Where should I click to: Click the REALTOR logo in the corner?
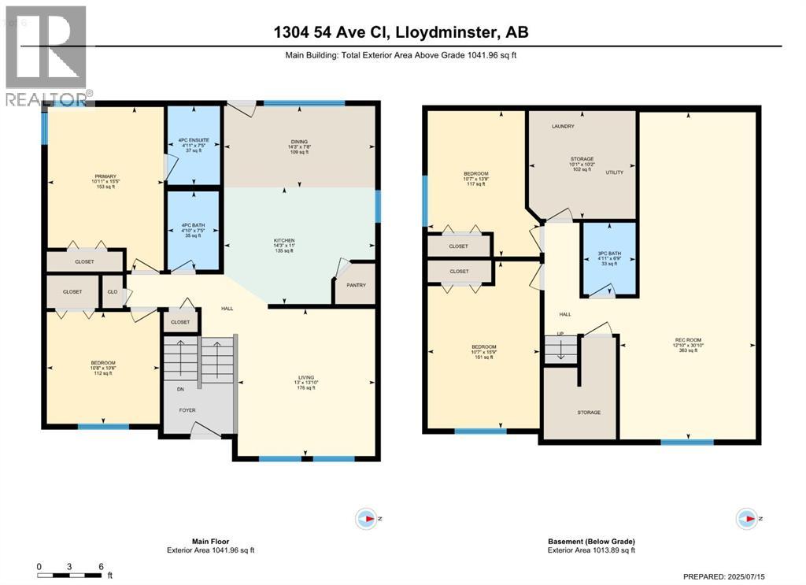click(46, 55)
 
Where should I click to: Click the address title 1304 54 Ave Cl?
click(402, 32)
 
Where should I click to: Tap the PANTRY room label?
click(355, 286)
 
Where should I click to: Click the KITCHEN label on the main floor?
click(284, 239)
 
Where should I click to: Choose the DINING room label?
click(299, 143)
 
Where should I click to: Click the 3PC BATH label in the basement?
click(608, 253)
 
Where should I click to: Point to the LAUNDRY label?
click(563, 126)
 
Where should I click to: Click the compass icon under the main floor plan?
click(367, 518)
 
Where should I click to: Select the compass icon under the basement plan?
click(745, 518)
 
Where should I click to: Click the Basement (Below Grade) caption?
click(591, 542)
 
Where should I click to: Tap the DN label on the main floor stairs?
click(179, 389)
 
